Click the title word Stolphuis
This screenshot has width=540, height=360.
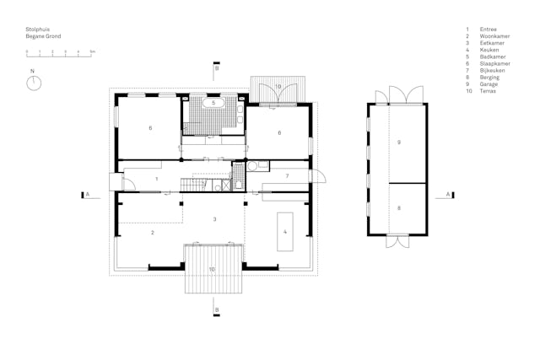coord(36,30)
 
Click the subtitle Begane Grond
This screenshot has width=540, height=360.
coord(43,36)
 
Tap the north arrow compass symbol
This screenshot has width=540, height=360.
coord(33,83)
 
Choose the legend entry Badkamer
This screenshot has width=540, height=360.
coord(490,56)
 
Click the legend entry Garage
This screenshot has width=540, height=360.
coord(489,83)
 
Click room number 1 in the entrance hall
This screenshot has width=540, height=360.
coord(156,180)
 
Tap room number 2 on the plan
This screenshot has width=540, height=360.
coord(152,232)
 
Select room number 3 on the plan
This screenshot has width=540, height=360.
coord(214,218)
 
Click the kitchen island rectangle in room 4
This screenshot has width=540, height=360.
coord(283,232)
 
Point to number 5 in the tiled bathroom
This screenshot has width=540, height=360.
coord(213,103)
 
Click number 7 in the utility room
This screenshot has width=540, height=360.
coord(287,175)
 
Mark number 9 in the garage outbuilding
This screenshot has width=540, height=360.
coord(398,142)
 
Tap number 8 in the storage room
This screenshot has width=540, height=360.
coord(398,207)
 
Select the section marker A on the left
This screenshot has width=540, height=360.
coord(86,194)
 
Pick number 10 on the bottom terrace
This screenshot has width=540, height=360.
coord(212,269)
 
